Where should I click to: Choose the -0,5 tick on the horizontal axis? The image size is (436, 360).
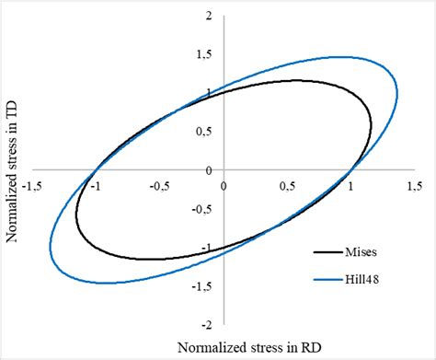pyautogui.click(x=159, y=185)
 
